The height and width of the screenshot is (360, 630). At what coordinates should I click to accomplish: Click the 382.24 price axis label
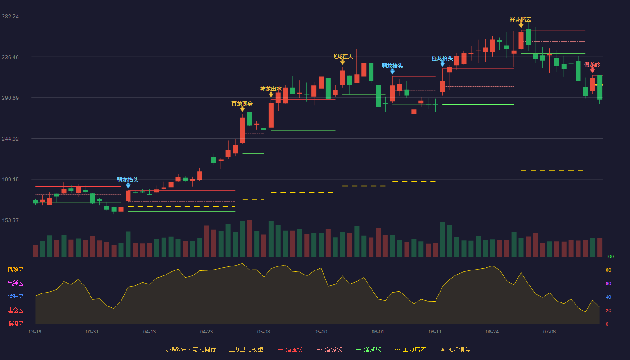tap(10, 17)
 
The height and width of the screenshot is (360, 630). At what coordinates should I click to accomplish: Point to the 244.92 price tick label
tap(10, 139)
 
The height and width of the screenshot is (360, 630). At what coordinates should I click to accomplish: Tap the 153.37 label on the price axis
tap(10, 220)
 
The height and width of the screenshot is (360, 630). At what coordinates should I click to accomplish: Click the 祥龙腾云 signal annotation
tap(521, 20)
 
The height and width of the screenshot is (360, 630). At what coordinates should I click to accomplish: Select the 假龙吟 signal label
tap(592, 65)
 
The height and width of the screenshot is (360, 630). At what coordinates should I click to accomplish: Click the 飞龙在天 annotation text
tap(342, 57)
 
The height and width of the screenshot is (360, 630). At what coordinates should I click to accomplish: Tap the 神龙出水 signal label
tap(271, 89)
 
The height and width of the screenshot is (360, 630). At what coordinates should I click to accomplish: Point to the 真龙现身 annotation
tap(242, 104)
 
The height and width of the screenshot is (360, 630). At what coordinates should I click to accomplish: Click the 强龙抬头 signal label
tap(442, 58)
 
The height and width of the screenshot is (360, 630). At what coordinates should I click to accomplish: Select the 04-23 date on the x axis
tap(207, 332)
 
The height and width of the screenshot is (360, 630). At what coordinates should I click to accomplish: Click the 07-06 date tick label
tap(549, 332)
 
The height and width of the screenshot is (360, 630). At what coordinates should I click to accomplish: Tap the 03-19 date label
tap(35, 332)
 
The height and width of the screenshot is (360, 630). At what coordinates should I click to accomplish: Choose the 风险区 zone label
tap(15, 270)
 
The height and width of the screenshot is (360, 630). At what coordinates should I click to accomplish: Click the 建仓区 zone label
tap(15, 310)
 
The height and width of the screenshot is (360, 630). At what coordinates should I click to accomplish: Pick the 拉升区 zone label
tap(15, 297)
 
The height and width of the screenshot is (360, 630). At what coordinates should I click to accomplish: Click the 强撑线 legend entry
tap(369, 349)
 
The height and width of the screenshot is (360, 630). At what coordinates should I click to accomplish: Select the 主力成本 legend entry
tap(410, 349)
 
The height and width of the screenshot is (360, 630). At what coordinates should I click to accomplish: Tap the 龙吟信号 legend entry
tap(455, 349)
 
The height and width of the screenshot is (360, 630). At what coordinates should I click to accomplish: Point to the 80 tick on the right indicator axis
tap(608, 270)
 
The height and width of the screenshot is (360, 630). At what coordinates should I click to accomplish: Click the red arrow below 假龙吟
tap(592, 70)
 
